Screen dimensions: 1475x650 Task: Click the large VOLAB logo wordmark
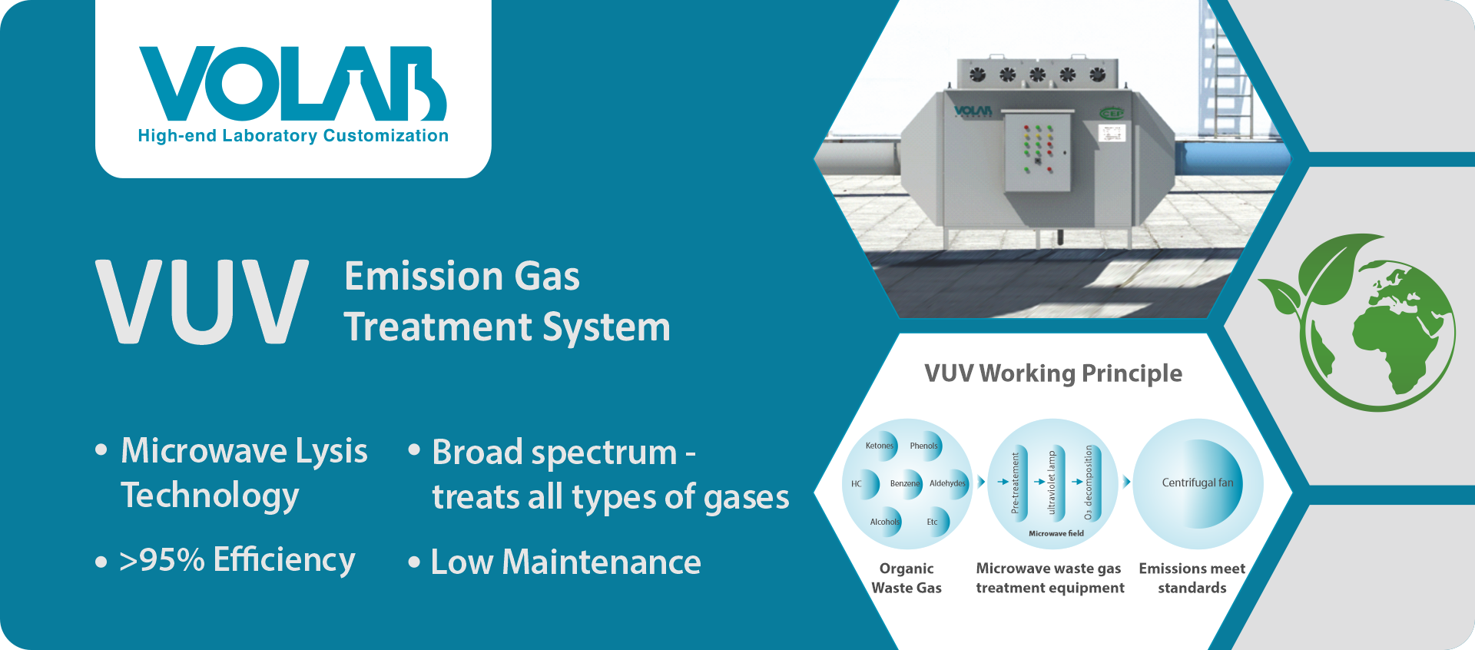coord(293,84)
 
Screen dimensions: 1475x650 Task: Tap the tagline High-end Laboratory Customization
coord(293,136)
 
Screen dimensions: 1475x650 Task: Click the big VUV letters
coord(202,302)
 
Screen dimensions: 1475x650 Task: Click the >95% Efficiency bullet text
coord(237,560)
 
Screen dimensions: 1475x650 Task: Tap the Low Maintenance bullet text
coord(565,562)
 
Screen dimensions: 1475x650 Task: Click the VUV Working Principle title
coord(1053,373)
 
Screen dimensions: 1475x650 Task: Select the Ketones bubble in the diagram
coord(879,445)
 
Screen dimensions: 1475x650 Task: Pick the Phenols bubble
coord(924,446)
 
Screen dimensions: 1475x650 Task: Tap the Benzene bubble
coord(905,483)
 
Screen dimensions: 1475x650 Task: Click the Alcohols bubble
coord(884,522)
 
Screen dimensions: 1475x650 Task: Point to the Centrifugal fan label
coord(1197,483)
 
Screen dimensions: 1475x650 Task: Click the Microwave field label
coord(1056,533)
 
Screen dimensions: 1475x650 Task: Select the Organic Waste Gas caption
coord(907,578)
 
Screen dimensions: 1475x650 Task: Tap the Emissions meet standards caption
coord(1192,578)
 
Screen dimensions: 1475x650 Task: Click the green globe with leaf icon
coord(1359,322)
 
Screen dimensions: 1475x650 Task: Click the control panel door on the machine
coord(1038,151)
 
